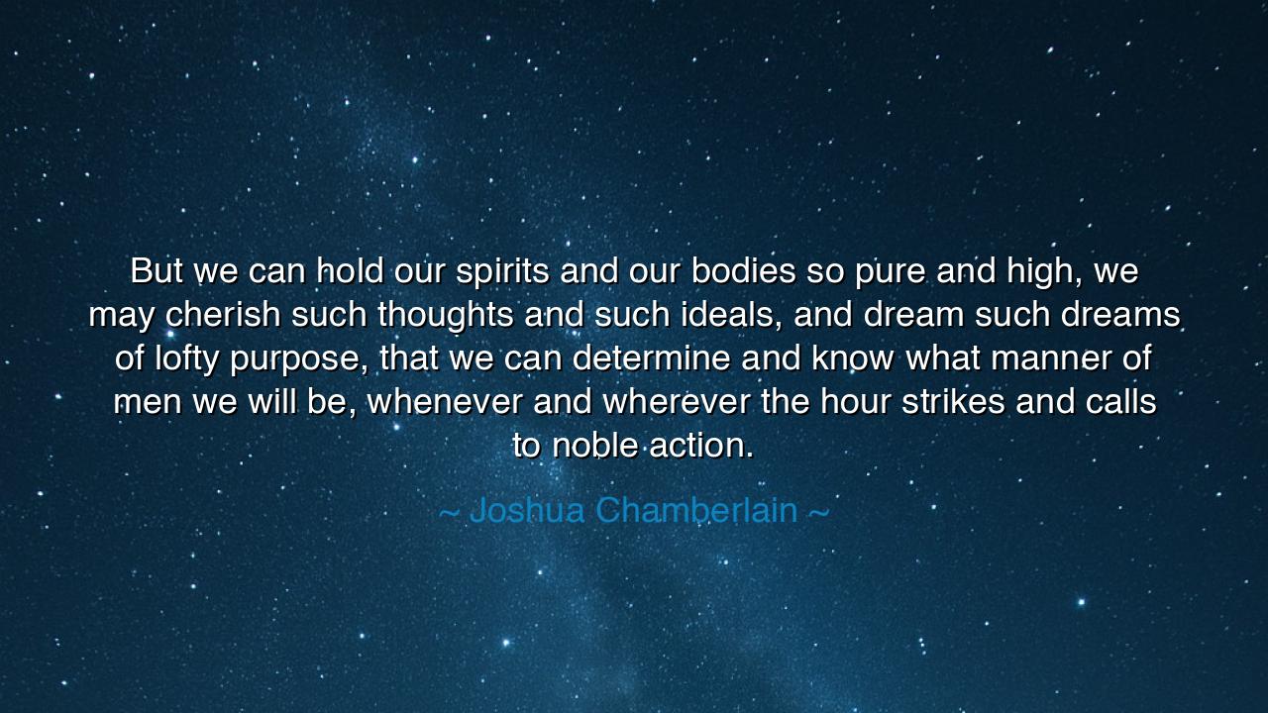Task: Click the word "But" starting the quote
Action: [x=157, y=271]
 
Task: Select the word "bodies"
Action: [x=743, y=271]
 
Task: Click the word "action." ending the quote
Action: [x=702, y=446]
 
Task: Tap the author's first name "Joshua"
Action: [x=526, y=511]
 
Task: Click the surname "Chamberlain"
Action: [x=696, y=511]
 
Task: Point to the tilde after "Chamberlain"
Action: [x=818, y=512]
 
